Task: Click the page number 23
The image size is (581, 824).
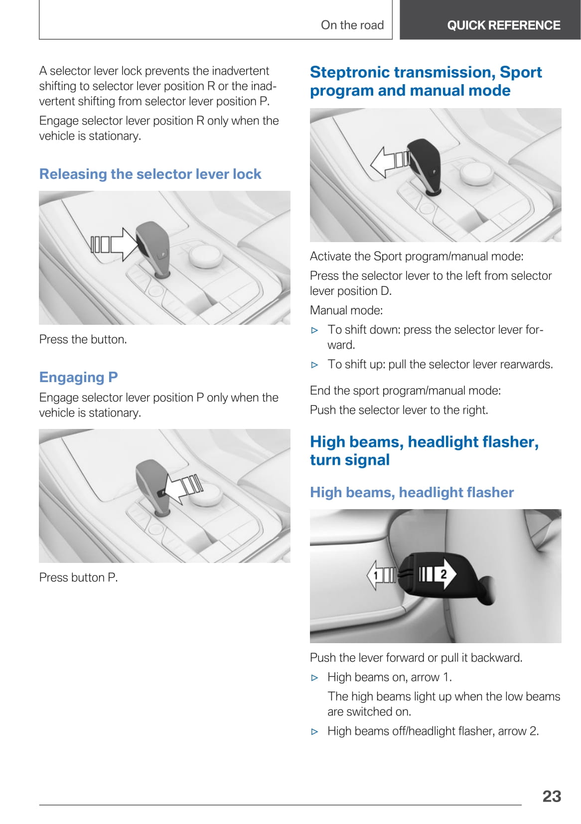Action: (551, 796)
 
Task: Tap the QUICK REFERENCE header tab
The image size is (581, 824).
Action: (490, 20)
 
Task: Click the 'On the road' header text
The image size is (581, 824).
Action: (352, 25)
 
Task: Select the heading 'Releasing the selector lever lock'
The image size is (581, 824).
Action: (150, 174)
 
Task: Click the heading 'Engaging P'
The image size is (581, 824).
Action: (78, 378)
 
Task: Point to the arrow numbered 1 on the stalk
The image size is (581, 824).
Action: (382, 575)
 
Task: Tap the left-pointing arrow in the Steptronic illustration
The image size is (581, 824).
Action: (390, 162)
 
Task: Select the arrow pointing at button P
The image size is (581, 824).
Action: (183, 488)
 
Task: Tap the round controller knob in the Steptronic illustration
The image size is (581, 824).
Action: (476, 173)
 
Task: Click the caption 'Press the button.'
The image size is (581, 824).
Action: (83, 339)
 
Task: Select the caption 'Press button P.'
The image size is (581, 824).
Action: (78, 577)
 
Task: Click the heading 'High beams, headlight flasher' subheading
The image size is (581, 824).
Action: (412, 492)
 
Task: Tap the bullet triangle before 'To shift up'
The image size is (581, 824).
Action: (314, 365)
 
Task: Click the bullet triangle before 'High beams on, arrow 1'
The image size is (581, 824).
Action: (314, 678)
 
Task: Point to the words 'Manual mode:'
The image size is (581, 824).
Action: (346, 310)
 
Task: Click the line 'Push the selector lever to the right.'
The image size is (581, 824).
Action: (399, 410)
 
